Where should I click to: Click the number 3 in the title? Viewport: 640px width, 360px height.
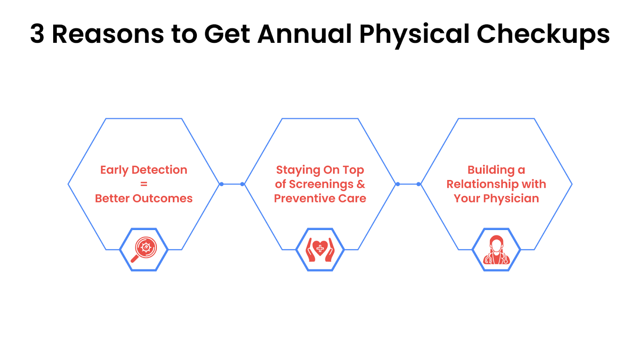click(x=38, y=34)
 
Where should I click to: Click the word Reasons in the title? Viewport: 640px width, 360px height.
click(x=108, y=34)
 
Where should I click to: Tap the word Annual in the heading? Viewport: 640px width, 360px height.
click(x=304, y=34)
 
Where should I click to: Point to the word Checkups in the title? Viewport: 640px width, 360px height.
click(x=543, y=36)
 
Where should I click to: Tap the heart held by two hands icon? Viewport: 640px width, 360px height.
click(x=320, y=250)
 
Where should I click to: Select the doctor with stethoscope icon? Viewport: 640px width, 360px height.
click(x=496, y=250)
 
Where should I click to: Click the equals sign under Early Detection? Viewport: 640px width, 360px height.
click(x=144, y=184)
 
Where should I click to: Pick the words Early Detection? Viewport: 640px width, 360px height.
click(x=144, y=170)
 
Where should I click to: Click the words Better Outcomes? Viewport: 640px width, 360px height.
click(x=144, y=198)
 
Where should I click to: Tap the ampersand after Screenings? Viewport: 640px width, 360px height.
click(x=361, y=184)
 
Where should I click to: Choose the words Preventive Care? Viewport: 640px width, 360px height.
click(x=320, y=198)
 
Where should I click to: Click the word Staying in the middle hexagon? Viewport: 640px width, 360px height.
click(x=298, y=170)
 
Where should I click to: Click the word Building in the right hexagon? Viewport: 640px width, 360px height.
click(x=490, y=170)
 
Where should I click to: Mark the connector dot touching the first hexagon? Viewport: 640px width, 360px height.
click(x=222, y=184)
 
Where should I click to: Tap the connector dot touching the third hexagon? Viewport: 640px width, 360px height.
click(x=418, y=184)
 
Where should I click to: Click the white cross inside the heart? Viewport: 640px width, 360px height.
click(x=320, y=248)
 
